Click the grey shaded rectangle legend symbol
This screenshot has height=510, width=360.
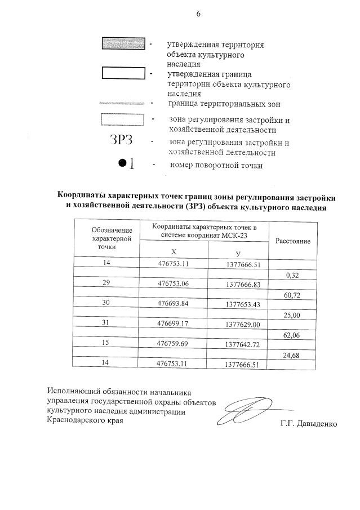(123, 43)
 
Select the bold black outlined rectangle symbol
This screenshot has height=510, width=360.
(123, 73)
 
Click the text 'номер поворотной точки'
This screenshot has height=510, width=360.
(216, 165)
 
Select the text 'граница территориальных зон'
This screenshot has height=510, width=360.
(224, 104)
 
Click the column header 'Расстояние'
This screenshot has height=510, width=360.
(292, 241)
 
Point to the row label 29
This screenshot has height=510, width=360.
(106, 283)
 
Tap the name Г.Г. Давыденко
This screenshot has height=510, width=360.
(308, 424)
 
